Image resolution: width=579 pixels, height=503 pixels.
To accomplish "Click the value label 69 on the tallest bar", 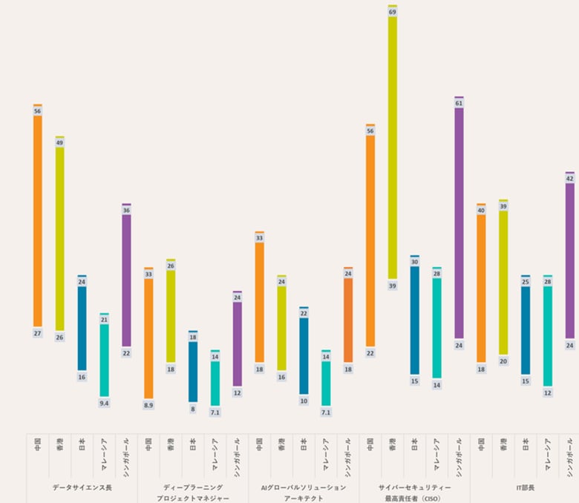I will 393,13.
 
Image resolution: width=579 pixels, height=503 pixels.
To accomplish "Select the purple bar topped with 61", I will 459,223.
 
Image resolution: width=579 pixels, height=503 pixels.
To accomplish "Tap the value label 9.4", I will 104,403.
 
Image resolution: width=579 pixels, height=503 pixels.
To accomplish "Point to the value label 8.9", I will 148,405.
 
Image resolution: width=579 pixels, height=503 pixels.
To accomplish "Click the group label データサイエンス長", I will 82,487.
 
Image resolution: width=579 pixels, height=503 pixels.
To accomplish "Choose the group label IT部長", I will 526,487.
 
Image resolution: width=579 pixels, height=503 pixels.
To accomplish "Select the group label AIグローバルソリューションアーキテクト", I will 304,493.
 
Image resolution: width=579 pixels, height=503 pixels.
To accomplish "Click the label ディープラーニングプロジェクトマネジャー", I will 193,493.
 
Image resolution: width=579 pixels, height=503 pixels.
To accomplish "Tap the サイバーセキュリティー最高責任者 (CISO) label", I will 414,493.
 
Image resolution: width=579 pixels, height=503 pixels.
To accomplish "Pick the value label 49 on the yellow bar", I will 59,143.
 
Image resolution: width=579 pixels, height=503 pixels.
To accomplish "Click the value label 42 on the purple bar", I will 570,179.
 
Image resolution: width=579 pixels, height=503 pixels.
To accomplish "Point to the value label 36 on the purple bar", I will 126,211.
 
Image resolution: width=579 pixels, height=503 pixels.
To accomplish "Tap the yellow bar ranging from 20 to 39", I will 503,282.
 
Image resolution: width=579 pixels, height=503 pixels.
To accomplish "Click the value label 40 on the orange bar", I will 481,211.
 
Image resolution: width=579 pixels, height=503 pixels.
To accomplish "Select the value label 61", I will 459,104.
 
